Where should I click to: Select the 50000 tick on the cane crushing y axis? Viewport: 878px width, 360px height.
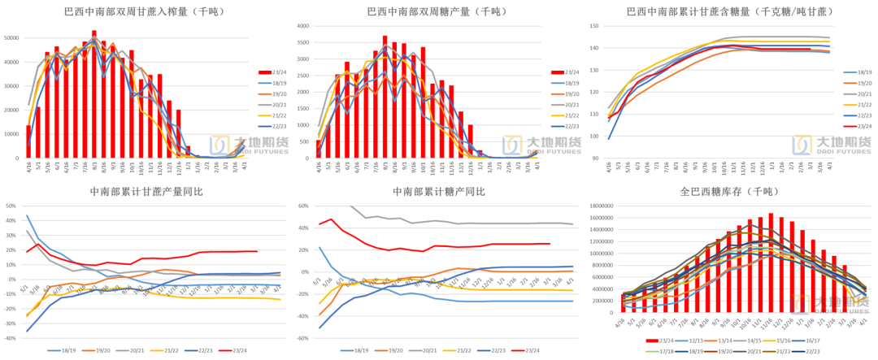coord(12,38)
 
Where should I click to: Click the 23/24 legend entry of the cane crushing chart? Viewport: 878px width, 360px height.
coord(277,72)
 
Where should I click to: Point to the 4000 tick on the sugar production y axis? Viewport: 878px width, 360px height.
coord(302,26)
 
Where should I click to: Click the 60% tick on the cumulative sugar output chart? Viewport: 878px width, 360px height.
coord(304,206)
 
